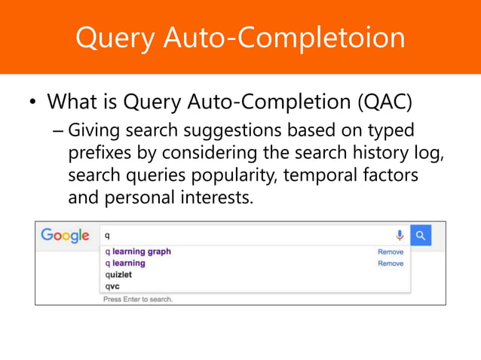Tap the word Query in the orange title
113,38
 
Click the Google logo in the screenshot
65,236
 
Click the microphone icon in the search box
400,235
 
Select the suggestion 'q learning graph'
138,252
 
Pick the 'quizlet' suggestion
118,275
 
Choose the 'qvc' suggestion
112,286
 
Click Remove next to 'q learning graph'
390,252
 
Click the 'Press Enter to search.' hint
138,299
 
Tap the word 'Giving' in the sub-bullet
94,130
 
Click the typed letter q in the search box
107,235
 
